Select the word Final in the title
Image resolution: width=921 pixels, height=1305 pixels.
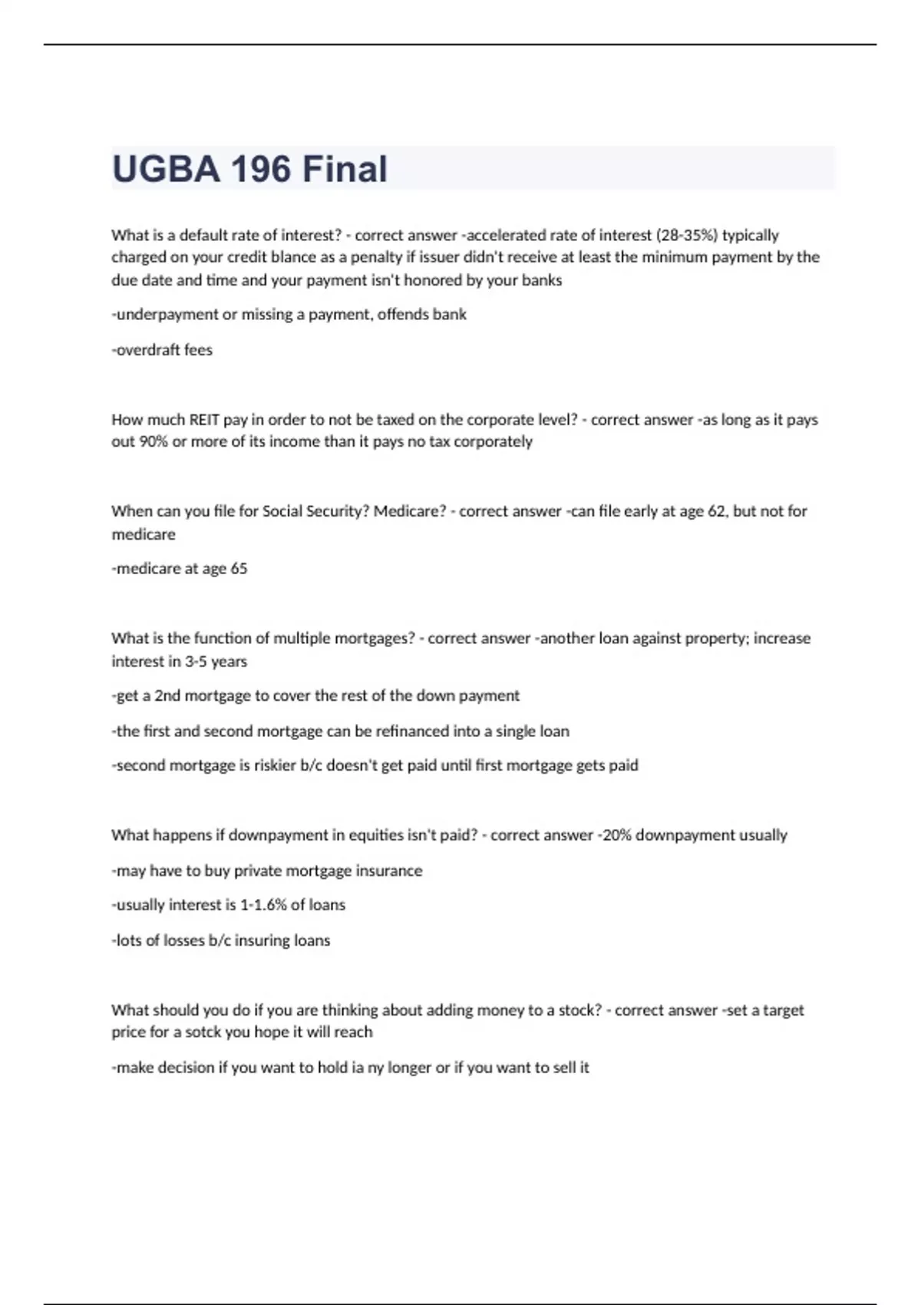[x=345, y=169]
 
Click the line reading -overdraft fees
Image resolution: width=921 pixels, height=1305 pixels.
[x=162, y=350]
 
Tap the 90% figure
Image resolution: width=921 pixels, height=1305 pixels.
[x=153, y=442]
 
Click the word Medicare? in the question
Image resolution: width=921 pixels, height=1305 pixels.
[x=410, y=511]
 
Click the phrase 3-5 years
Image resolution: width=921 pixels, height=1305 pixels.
[x=216, y=662]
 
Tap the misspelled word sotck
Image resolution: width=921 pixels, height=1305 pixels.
[x=203, y=1032]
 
